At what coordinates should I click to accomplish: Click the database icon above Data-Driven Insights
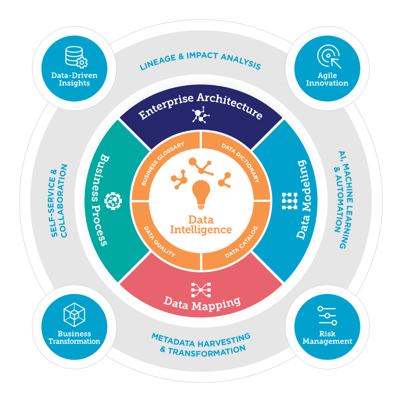76,57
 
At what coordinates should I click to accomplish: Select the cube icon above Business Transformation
74,314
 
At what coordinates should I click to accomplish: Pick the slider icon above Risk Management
327,316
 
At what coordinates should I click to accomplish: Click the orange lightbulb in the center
201,194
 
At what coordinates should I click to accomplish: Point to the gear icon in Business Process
113,201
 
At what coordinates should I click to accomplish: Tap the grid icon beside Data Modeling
289,201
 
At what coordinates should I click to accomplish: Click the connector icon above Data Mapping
201,290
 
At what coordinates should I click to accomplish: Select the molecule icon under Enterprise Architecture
201,115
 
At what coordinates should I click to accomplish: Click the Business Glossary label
163,164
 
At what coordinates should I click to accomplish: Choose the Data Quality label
159,241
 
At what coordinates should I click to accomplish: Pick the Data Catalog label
241,242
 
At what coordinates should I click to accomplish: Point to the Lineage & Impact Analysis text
200,61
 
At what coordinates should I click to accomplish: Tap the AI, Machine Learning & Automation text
344,200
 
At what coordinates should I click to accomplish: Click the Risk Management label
327,337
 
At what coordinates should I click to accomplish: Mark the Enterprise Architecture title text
201,106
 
